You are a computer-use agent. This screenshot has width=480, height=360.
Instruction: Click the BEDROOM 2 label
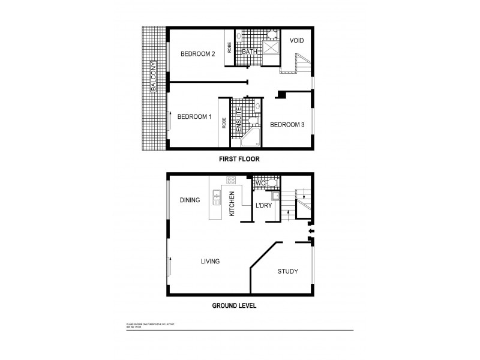coord(198,54)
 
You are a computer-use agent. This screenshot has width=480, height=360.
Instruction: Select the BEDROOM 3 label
coord(287,125)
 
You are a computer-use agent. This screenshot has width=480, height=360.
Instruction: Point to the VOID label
coord(296,41)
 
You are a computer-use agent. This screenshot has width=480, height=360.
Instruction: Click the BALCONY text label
coord(154,76)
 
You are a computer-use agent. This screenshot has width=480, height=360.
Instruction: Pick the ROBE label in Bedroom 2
coord(230,47)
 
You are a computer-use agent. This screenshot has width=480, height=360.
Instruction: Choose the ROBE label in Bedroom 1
coord(224,123)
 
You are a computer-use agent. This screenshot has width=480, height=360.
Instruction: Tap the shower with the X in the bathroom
coord(271,47)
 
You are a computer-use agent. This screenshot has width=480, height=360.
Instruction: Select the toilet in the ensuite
coord(254,121)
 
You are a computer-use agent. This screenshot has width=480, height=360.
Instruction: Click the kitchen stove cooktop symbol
coord(230,180)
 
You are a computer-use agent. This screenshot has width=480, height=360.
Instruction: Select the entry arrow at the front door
coord(310,230)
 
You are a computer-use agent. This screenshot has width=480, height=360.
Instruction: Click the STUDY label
coord(287,272)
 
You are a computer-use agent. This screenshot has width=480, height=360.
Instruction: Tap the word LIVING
coord(210,262)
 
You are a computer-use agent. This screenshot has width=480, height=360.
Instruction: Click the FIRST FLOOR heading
coord(239,160)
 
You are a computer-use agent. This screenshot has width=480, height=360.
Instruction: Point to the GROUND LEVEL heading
coord(234,305)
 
